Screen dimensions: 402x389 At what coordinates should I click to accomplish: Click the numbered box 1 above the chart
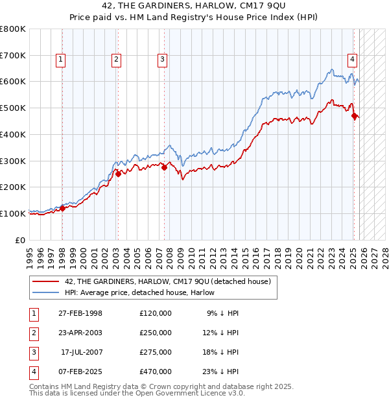point(60,60)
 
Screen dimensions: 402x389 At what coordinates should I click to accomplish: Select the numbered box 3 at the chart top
point(161,60)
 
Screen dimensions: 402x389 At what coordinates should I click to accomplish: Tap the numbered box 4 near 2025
point(352,60)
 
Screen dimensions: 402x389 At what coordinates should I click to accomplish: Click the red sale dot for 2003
point(119,173)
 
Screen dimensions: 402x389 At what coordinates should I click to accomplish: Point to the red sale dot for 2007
point(164,167)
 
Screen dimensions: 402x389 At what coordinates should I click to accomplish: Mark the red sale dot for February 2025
point(354,116)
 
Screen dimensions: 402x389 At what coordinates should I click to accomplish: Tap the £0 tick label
point(21,240)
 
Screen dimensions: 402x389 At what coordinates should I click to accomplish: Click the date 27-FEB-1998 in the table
point(80,313)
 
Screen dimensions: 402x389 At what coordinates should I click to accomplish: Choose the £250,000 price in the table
point(156,333)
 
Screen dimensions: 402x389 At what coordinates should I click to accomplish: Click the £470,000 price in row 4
point(156,372)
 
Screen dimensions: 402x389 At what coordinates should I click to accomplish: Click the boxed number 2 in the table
point(33,333)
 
